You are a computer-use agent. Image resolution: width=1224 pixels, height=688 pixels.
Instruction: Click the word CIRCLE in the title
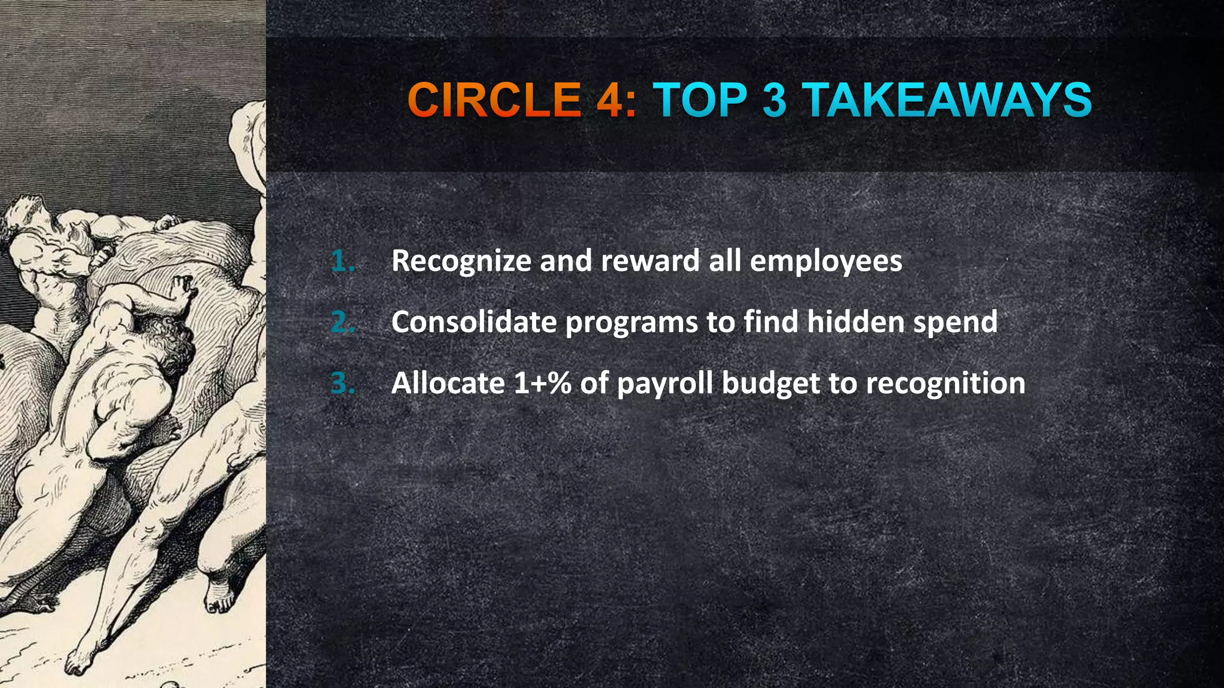(x=494, y=100)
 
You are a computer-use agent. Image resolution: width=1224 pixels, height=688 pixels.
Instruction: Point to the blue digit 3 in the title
(x=775, y=100)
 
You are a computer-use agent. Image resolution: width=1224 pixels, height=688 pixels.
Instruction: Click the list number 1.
(x=342, y=262)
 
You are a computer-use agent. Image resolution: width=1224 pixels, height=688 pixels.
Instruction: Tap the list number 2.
(x=342, y=322)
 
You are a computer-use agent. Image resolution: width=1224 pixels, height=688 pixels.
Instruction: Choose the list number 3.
(x=342, y=383)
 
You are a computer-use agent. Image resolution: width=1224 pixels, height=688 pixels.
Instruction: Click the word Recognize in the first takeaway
(x=460, y=262)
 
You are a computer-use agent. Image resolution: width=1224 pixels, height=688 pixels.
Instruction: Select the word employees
(x=825, y=262)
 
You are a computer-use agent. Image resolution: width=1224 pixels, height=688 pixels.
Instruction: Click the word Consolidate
(x=474, y=322)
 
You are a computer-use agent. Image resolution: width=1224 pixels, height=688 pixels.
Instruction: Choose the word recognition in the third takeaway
(x=945, y=383)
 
